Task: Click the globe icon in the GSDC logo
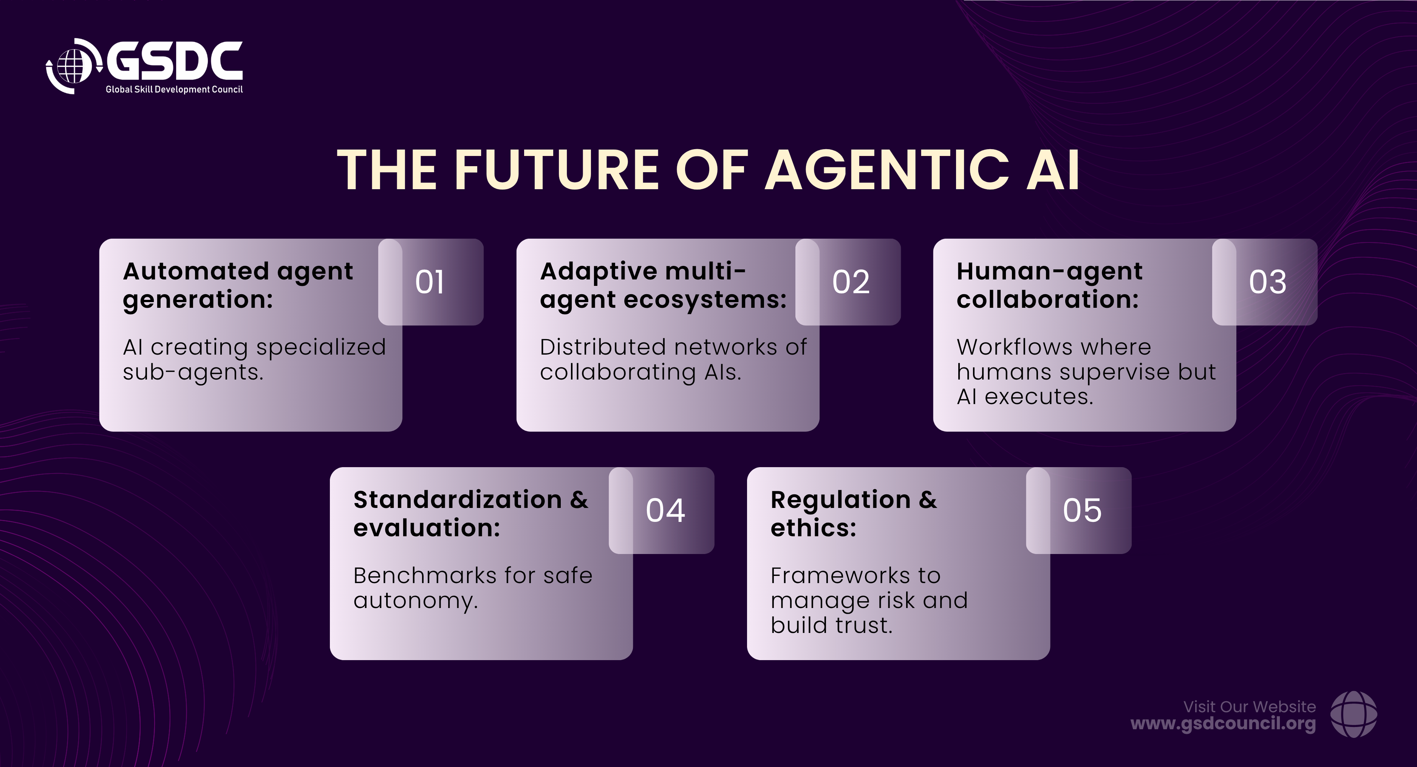click(x=74, y=66)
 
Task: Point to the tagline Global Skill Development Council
click(x=174, y=89)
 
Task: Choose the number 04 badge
click(x=661, y=510)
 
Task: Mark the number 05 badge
click(x=1079, y=510)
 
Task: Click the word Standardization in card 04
click(x=458, y=500)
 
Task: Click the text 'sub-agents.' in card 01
click(x=193, y=372)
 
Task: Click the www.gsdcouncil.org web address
click(x=1223, y=724)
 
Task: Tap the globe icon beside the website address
click(x=1354, y=714)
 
